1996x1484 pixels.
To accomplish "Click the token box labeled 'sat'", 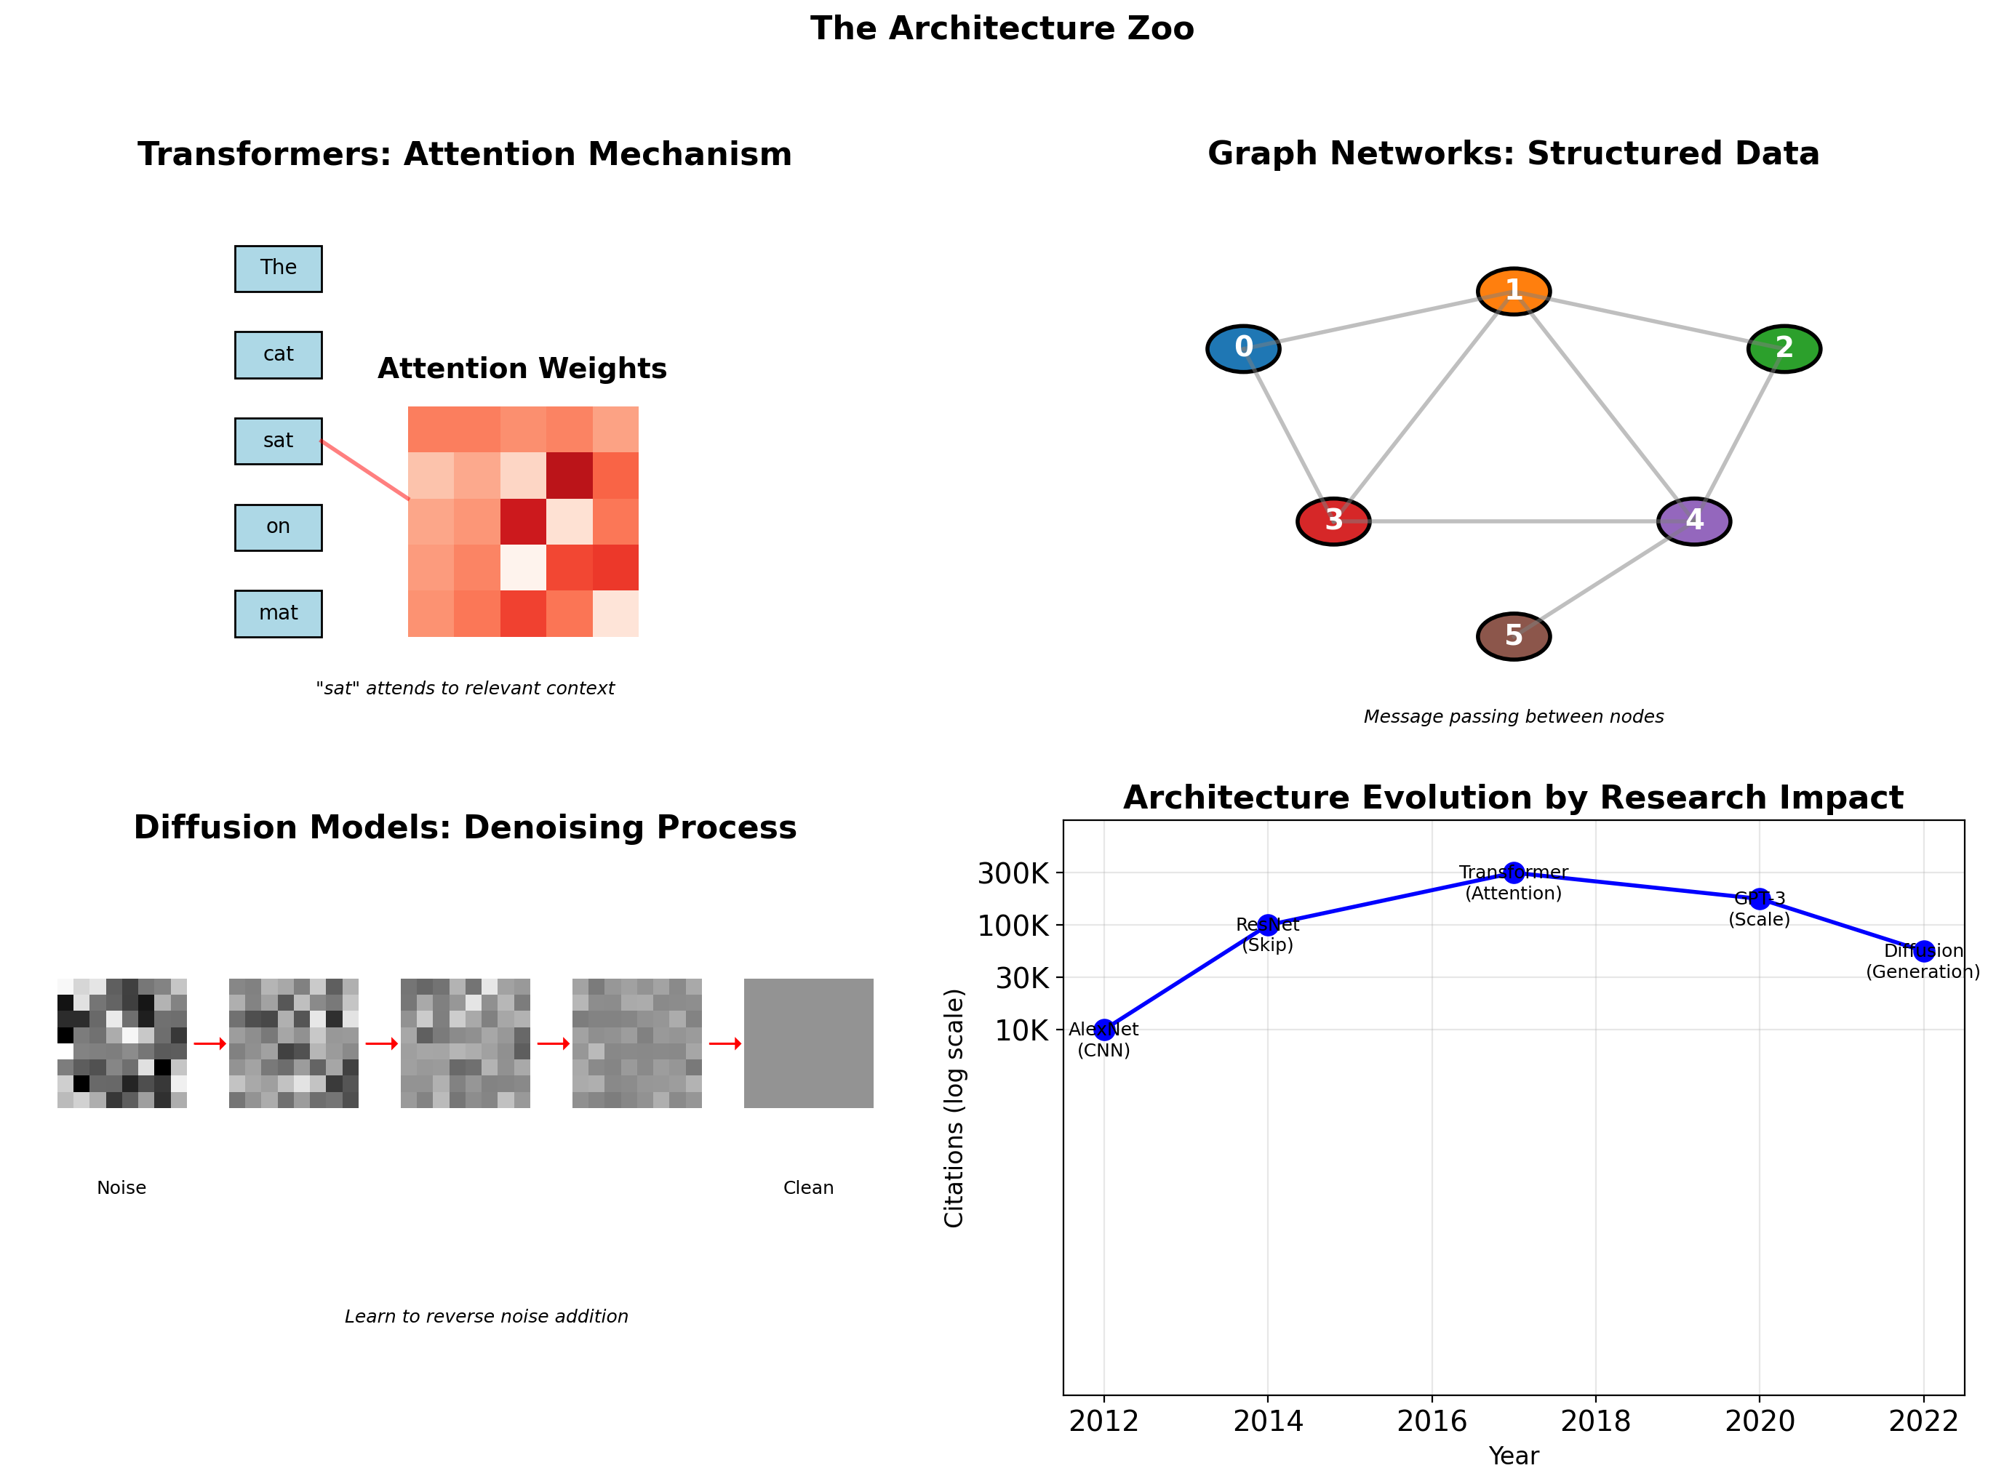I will pyautogui.click(x=278, y=441).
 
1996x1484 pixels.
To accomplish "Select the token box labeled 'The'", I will pyautogui.click(x=278, y=268).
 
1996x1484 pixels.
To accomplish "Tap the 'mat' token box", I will pyautogui.click(x=278, y=614).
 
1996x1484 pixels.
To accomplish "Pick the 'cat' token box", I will pyautogui.click(x=278, y=355).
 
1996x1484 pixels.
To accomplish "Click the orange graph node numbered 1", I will pyautogui.click(x=1514, y=291).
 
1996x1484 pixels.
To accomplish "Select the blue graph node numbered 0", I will pyautogui.click(x=1243, y=348).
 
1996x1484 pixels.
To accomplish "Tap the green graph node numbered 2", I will pyautogui.click(x=1784, y=348).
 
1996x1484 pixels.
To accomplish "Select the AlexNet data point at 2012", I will pyautogui.click(x=1103, y=1030).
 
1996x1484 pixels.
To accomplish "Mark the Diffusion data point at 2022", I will pyautogui.click(x=1923, y=951).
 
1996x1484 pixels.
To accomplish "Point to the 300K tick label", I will pyautogui.click(x=1013, y=873).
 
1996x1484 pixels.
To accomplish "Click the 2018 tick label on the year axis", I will pyautogui.click(x=1595, y=1421).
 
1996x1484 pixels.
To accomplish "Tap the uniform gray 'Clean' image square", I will pyautogui.click(x=808, y=1043).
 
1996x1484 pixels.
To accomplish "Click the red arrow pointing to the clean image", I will pyautogui.click(x=725, y=1043).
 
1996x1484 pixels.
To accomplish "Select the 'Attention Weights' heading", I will pyautogui.click(x=522, y=369).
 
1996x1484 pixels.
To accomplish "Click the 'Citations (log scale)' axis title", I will pyautogui.click(x=954, y=1107).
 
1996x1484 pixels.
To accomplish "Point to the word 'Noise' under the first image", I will pyautogui.click(x=121, y=1187).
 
